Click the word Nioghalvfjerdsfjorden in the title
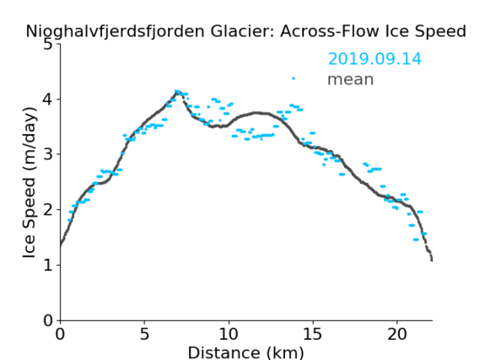tap(115, 32)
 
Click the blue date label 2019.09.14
tap(375, 59)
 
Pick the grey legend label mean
tap(351, 79)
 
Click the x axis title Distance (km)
tap(245, 352)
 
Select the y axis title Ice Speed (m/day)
tap(30, 182)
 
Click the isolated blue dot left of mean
tap(294, 78)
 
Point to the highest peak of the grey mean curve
tap(176, 92)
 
